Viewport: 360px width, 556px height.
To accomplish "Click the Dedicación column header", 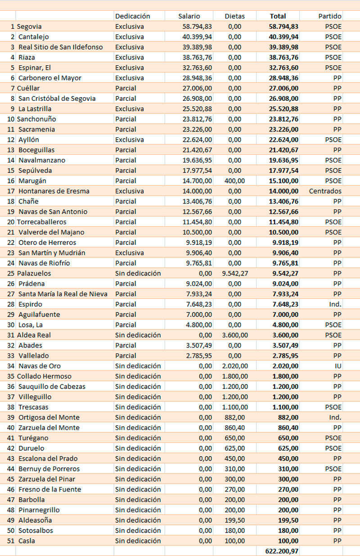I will pyautogui.click(x=132, y=16).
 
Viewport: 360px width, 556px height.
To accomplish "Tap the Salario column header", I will pyautogui.click(x=189, y=16).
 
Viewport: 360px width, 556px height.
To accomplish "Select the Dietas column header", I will pyautogui.click(x=234, y=16).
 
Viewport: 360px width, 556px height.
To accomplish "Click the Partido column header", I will pyautogui.click(x=330, y=16).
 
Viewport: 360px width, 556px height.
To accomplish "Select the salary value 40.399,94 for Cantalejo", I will pyautogui.click(x=197, y=37).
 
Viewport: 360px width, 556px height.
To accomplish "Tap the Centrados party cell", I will pyautogui.click(x=325, y=191).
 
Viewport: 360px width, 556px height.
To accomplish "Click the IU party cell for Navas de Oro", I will pyautogui.click(x=337, y=366).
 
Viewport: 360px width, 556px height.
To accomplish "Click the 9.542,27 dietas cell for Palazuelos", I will pyautogui.click(x=235, y=273).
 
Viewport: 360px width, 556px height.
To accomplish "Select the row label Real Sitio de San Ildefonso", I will pyautogui.click(x=60, y=47).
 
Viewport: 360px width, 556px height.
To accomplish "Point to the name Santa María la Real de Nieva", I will pyautogui.click(x=63, y=294).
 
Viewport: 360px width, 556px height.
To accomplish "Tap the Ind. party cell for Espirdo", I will pyautogui.click(x=335, y=304).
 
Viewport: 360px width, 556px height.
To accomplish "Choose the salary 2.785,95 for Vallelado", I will pyautogui.click(x=198, y=356).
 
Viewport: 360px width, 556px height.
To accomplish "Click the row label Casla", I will pyautogui.click(x=27, y=541).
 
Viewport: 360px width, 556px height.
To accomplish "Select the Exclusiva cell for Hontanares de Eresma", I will pyautogui.click(x=129, y=191).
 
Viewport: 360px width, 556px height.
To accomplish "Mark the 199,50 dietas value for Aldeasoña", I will pyautogui.click(x=234, y=520).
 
